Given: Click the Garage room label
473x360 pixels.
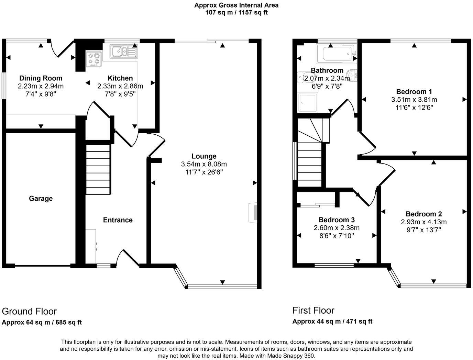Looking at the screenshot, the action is pos(41,198).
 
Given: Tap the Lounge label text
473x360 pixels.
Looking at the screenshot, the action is pos(204,156).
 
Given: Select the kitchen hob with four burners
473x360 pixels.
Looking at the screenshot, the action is pos(94,59).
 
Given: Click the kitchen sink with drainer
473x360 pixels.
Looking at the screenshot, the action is pos(123,52).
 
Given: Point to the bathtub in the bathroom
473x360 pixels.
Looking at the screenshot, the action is pos(336,54).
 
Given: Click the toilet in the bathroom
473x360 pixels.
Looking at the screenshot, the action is pos(304,78).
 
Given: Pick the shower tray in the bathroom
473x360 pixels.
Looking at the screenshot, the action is pos(308,102).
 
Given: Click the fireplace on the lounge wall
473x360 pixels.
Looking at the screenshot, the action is pos(253,212).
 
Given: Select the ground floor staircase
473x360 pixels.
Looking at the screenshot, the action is pos(98,169).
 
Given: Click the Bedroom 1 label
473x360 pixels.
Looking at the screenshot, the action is pos(414,92).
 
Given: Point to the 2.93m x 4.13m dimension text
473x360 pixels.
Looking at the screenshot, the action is pos(423,222).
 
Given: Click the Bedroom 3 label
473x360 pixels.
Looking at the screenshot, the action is pos(337,220).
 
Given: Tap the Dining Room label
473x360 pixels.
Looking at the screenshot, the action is pos(41,78).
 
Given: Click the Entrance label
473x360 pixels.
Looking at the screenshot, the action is pos(118,220).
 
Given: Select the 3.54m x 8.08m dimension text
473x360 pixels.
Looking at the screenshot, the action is pos(204,164).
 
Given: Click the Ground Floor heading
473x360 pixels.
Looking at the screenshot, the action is pos(29,311).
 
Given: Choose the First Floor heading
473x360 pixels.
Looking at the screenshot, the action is pos(313,310).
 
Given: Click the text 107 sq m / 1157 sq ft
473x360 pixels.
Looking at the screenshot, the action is pos(236,12).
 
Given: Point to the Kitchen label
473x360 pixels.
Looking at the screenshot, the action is pos(120,78).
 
